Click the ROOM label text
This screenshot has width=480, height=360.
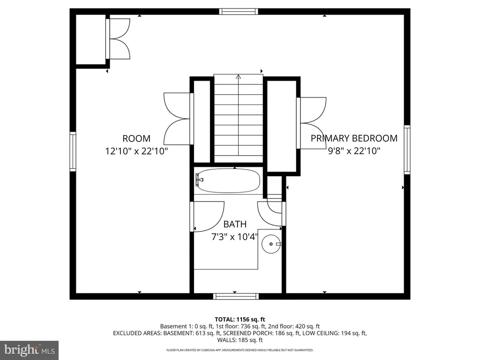136,139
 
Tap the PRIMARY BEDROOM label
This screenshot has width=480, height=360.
354,138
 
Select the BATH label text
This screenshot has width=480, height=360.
235,225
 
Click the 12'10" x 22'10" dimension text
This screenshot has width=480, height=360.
136,151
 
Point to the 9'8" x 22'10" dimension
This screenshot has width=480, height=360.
354,150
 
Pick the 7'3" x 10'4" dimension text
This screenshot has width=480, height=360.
235,237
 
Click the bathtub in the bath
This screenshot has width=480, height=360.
228,180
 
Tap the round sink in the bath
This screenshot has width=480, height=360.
271,244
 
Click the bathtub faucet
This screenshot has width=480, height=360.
199,180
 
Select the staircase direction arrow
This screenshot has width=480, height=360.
239,115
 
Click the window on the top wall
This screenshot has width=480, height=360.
239,12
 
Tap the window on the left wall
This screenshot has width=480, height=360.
73,151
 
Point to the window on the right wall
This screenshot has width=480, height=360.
407,150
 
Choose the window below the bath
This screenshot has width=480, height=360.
236,296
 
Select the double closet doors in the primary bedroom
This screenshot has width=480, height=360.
311,123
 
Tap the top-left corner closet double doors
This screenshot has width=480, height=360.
118,39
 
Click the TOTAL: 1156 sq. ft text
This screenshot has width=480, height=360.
240,320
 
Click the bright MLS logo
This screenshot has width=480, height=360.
30,350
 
